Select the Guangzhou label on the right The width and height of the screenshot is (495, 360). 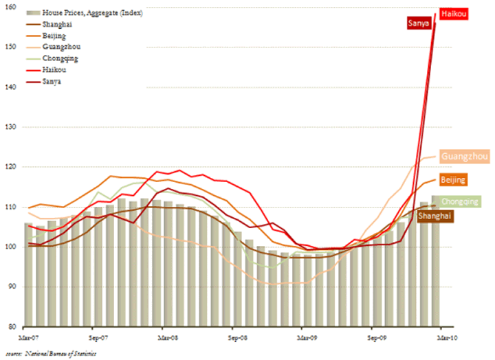[x=465, y=157]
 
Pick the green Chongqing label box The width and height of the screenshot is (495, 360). [x=460, y=202]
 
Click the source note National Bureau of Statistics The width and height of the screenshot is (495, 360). [x=52, y=353]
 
